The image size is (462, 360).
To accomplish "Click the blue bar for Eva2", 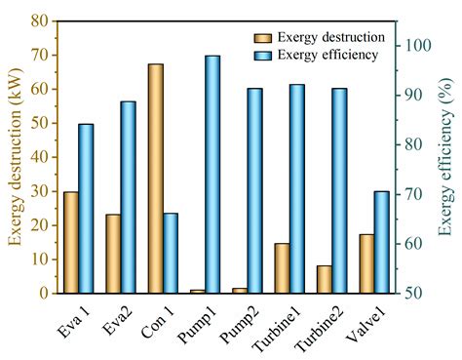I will (x=128, y=196).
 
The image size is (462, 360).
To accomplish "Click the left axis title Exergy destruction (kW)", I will (x=15, y=156).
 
